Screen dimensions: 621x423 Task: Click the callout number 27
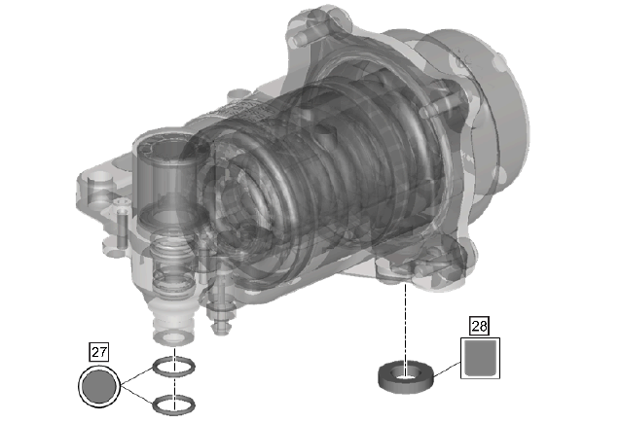point(99,352)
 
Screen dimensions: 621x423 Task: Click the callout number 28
point(479,326)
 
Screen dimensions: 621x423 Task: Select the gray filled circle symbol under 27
point(99,387)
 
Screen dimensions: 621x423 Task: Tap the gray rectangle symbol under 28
point(480,358)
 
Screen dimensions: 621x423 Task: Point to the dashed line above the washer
point(405,323)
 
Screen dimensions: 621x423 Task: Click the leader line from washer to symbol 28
point(447,369)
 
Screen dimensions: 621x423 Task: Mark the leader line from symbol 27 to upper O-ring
point(137,375)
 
